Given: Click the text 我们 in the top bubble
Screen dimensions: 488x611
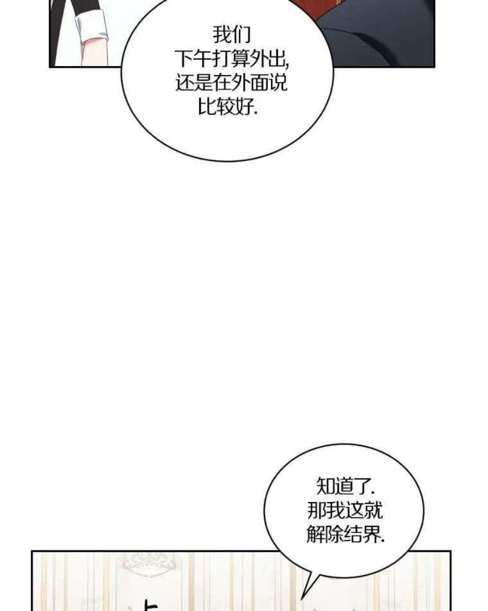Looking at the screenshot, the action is [231, 35].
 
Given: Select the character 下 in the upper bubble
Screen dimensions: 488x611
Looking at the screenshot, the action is [183, 59].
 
